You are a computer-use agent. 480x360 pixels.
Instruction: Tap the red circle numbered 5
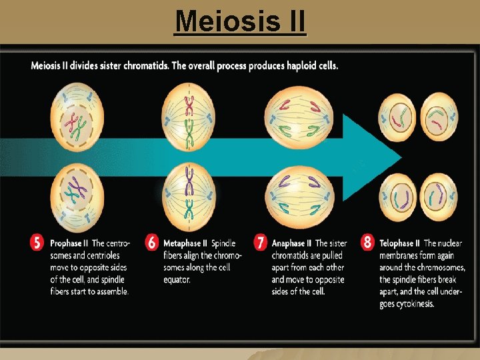(38, 243)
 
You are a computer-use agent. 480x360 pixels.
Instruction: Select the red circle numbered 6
(152, 243)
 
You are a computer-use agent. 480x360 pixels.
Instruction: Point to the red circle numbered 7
(261, 243)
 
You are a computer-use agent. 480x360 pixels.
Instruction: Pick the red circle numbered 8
(367, 243)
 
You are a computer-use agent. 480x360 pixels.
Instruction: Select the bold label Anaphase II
(291, 243)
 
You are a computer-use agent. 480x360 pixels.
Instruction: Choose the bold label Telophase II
(400, 243)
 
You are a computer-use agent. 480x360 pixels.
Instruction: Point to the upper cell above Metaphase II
(189, 117)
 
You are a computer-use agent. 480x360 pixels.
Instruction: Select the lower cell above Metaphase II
(189, 193)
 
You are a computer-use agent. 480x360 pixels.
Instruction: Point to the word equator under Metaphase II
(177, 279)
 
